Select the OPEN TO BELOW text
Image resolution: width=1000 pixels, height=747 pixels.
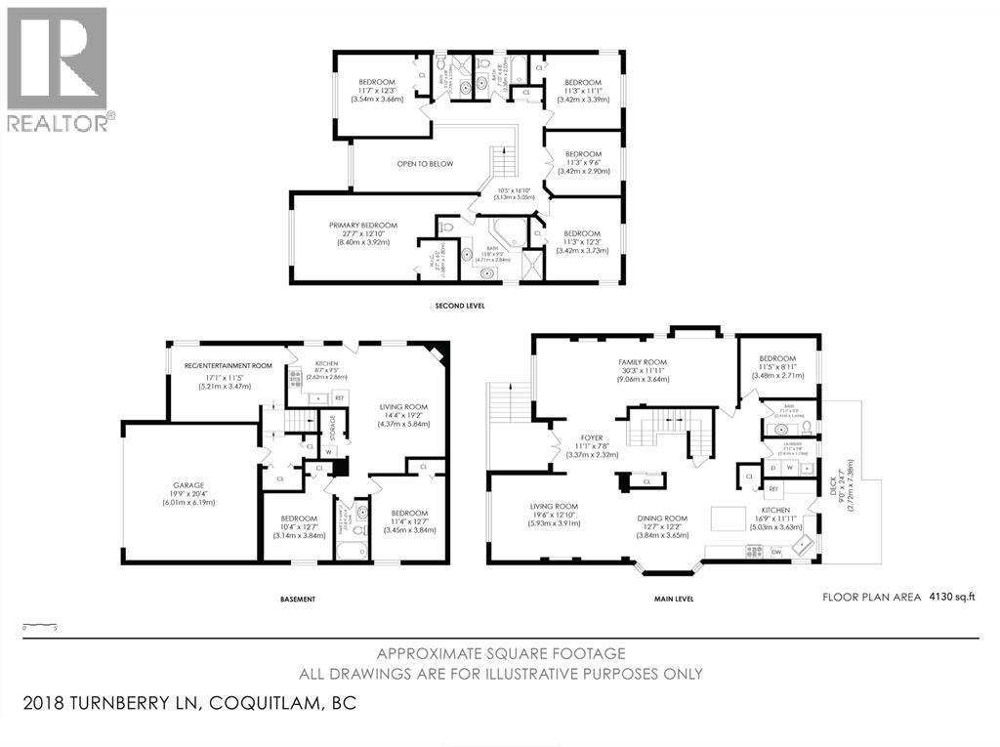coord(425,164)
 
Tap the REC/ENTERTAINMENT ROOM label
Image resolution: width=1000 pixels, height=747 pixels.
coord(224,366)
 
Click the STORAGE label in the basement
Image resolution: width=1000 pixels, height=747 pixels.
coord(333,427)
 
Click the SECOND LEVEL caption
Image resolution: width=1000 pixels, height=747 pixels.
coord(459,306)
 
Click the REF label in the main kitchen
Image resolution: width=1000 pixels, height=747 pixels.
coord(773,488)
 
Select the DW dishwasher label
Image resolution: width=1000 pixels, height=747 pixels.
coord(776,553)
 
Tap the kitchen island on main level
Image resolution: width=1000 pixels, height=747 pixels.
coord(728,517)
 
